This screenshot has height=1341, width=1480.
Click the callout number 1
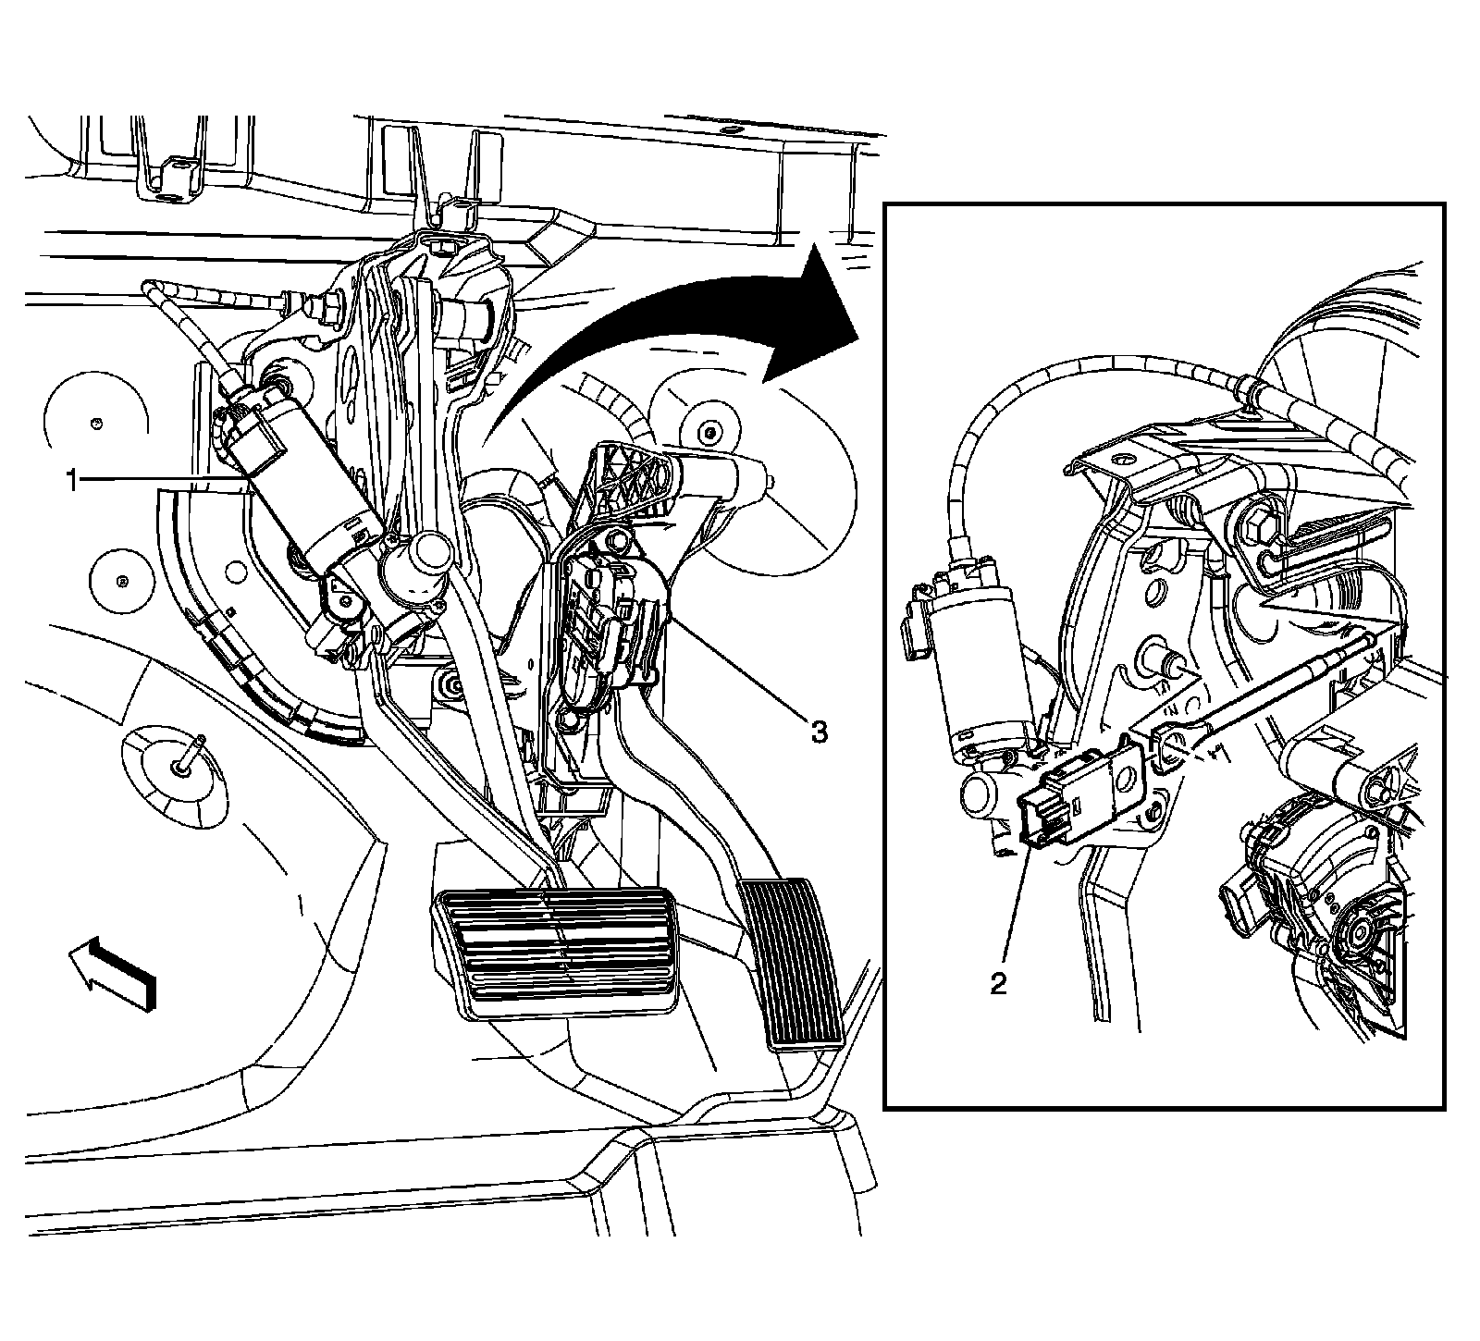[x=70, y=480]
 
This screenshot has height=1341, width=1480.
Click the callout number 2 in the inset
[x=998, y=983]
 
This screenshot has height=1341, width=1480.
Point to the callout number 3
[x=818, y=733]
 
